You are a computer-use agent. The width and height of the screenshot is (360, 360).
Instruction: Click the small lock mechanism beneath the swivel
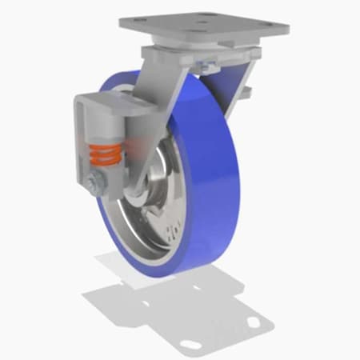(210, 63)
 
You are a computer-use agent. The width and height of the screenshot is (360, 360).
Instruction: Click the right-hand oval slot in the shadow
(254, 322)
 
